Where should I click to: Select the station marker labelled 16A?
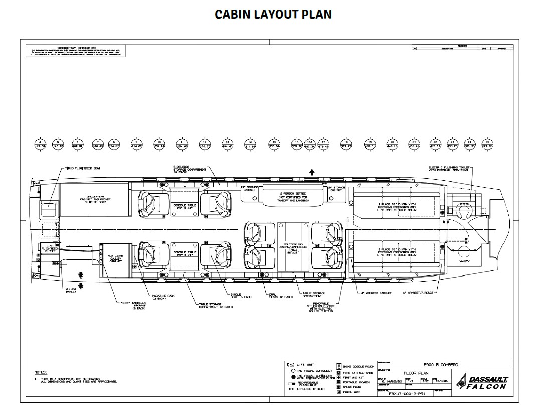pyautogui.click(x=310, y=144)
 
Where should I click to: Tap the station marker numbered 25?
pyautogui.click(x=487, y=144)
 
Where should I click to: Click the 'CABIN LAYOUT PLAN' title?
pyautogui.click(x=273, y=14)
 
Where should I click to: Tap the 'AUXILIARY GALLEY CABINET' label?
pyautogui.click(x=115, y=259)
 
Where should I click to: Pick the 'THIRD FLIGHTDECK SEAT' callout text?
pyautogui.click(x=82, y=168)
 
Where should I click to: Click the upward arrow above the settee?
pyautogui.click(x=312, y=172)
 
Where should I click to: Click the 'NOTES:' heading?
pyautogui.click(x=40, y=372)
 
